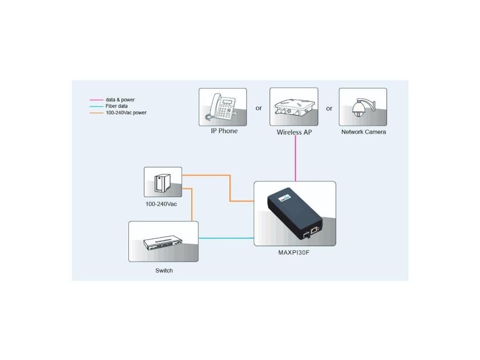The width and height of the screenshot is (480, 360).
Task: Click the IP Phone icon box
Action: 223,107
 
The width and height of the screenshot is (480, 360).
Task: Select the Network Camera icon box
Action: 363,107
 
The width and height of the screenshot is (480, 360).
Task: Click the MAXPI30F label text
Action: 294,253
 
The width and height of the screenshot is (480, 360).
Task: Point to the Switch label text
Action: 164,270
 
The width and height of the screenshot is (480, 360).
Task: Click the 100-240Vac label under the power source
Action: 161,204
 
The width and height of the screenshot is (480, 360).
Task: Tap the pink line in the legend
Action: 96,100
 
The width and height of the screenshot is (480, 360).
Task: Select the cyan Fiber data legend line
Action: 96,106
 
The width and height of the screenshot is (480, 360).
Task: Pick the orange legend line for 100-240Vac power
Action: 96,112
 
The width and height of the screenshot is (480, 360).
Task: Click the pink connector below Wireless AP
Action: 295,159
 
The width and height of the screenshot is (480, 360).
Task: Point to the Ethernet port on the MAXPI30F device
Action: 315,229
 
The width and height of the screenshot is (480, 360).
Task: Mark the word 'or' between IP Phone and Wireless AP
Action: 258,108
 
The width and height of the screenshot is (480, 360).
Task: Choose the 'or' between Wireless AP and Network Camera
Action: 329,108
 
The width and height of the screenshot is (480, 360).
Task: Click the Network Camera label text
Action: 363,132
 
